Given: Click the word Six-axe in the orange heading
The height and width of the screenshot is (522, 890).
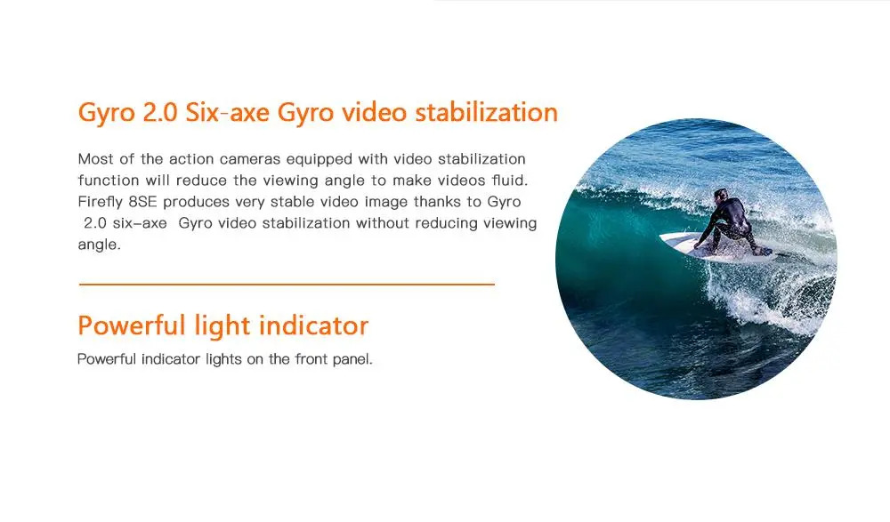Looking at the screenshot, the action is [227, 112].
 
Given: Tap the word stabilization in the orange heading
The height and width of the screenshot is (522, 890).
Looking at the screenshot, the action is [487, 112].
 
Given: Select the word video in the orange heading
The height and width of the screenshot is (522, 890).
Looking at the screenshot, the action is [374, 112].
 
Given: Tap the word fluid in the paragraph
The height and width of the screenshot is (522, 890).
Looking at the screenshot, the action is [509, 181].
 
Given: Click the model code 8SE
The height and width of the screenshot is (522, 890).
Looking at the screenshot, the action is [142, 202].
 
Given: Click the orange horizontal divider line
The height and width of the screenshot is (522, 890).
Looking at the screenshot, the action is [287, 284].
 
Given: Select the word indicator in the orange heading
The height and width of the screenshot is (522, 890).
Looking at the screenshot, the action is [313, 325].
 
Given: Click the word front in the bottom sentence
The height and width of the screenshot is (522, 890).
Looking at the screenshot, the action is [311, 359].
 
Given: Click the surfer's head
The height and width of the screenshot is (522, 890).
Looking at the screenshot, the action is [721, 194].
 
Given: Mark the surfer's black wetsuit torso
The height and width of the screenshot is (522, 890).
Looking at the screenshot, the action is [731, 214].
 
